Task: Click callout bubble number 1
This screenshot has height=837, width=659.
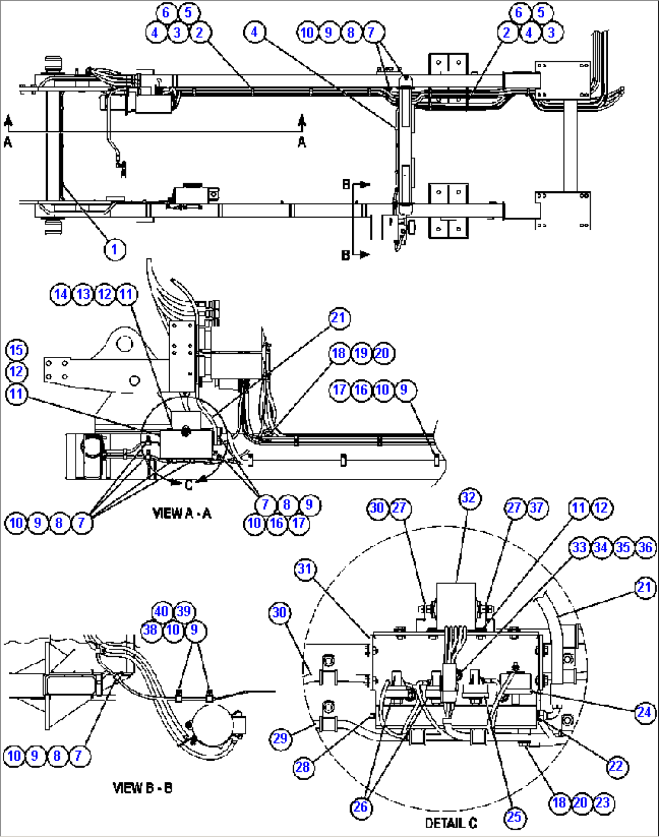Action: [x=114, y=249]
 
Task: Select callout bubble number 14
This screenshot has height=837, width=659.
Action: [x=61, y=295]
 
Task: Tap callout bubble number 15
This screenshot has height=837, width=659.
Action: [x=16, y=350]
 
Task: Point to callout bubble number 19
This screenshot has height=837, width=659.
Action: [x=361, y=353]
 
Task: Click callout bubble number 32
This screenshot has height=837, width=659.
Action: [x=469, y=498]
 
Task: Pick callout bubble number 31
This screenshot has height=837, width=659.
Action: [x=305, y=569]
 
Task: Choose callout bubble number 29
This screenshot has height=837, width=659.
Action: [x=280, y=738]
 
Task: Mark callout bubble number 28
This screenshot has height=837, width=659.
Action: [x=303, y=767]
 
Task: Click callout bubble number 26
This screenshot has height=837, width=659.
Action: [x=361, y=807]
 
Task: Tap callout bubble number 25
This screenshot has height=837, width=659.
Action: [x=513, y=818]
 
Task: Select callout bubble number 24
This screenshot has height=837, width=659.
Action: [x=644, y=712]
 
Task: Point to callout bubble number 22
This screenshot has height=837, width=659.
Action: [x=616, y=767]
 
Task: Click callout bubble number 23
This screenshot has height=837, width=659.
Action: [x=603, y=803]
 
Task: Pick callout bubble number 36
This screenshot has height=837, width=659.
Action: [x=645, y=547]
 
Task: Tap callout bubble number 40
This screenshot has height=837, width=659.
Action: [x=161, y=611]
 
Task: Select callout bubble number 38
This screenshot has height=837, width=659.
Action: [x=151, y=630]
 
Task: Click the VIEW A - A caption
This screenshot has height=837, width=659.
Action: [x=182, y=513]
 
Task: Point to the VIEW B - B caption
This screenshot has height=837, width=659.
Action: [x=143, y=788]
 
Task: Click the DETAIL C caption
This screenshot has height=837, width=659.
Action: [x=451, y=823]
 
